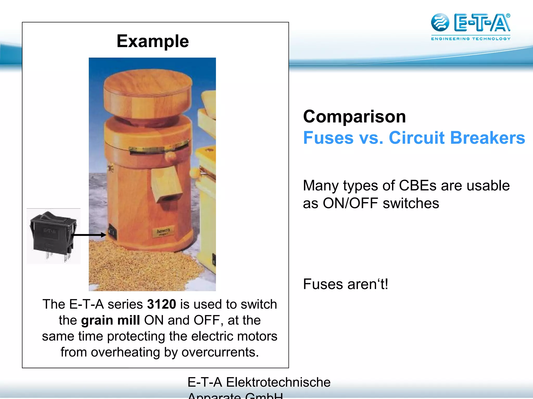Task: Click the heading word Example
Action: click(153, 41)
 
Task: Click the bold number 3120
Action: click(161, 304)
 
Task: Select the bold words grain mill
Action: click(111, 320)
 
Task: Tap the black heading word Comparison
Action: click(354, 117)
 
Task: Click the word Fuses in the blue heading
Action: click(328, 138)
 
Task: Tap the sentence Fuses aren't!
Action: click(346, 284)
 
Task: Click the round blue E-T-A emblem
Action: click(440, 23)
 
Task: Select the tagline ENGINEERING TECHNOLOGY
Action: click(471, 39)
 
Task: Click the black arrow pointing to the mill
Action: click(88, 235)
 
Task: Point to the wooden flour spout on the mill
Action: click(167, 184)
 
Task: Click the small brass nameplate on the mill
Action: click(163, 231)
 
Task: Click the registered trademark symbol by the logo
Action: click(508, 16)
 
